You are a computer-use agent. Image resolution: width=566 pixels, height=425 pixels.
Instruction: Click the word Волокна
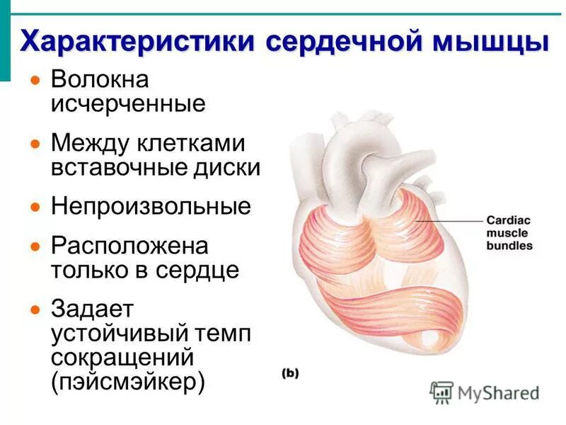tap(99, 80)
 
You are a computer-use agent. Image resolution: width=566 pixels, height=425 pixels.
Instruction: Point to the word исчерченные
tap(128, 103)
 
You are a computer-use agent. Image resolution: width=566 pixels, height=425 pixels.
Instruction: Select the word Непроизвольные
tap(151, 207)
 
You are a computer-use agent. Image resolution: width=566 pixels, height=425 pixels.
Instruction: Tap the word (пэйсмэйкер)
tap(128, 382)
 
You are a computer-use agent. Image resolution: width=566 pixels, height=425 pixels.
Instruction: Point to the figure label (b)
tap(289, 373)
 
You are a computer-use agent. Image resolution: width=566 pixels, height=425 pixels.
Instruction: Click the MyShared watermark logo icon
tap(442, 392)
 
